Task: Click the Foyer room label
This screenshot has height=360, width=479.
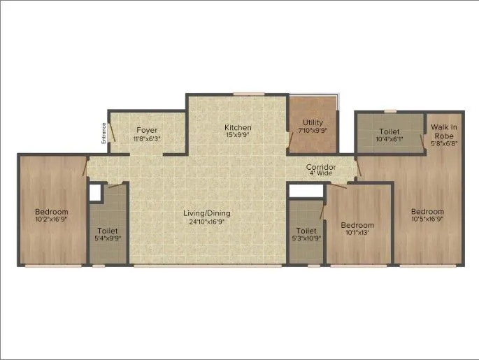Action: (x=146, y=130)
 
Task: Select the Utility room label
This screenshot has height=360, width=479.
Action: (x=313, y=122)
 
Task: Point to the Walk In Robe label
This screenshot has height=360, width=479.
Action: (x=444, y=131)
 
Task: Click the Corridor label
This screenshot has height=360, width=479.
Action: (x=321, y=167)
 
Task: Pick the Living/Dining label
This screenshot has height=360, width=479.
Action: (x=207, y=213)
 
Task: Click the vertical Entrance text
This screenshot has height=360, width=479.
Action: (x=104, y=133)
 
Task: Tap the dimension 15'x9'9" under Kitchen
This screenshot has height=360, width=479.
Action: (x=238, y=136)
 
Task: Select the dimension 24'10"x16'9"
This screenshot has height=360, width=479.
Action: (x=207, y=222)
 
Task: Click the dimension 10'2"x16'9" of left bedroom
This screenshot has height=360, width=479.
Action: (x=52, y=220)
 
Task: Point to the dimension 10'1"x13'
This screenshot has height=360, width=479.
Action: (x=357, y=233)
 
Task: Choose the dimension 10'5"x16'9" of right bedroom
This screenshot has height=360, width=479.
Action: (x=427, y=220)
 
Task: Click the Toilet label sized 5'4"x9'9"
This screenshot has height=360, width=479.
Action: (x=108, y=231)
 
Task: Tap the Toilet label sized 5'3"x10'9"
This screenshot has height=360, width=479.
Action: (x=306, y=231)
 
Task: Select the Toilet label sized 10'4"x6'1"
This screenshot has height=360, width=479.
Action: (x=389, y=131)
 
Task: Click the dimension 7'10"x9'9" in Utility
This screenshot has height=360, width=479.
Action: (x=313, y=131)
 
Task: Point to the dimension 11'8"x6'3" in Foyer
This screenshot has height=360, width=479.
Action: (x=146, y=138)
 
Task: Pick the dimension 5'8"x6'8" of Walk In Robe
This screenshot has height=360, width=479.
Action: (x=444, y=144)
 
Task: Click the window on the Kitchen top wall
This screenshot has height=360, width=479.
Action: (x=244, y=94)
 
